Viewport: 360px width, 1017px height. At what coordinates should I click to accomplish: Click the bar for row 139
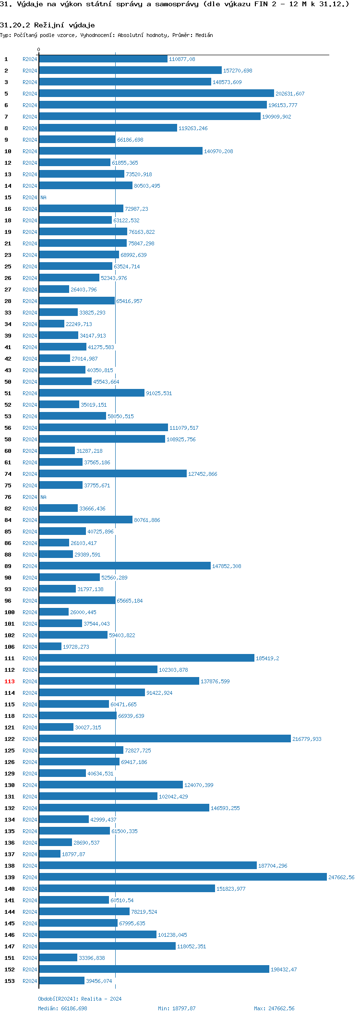point(182,877)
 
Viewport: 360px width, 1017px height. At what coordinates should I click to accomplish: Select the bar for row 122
point(165,739)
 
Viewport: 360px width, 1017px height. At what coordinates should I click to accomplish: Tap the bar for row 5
point(156,94)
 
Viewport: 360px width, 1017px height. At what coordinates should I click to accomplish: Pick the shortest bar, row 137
point(50,854)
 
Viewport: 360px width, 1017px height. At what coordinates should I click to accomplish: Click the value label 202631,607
point(290,94)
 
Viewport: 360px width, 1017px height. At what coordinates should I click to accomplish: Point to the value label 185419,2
point(267,659)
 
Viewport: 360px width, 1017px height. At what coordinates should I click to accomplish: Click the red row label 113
point(10,682)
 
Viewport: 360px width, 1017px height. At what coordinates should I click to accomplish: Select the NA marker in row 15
point(43,198)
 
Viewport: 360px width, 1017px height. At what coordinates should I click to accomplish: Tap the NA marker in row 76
point(43,497)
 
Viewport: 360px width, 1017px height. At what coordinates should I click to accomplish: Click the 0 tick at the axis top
point(39,50)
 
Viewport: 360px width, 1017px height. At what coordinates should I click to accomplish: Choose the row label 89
point(8,567)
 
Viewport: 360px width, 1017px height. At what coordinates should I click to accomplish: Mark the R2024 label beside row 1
point(30,60)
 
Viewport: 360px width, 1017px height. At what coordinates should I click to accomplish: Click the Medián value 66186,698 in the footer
point(74,1008)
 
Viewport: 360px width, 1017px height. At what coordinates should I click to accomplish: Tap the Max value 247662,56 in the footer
point(281,1008)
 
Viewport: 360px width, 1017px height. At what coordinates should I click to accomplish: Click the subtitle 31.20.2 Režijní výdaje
point(48,25)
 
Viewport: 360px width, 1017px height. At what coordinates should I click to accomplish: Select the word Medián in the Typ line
point(204,36)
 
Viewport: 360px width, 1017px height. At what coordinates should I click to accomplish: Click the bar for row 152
point(154,969)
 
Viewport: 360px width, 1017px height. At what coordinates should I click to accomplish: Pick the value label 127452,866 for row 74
point(203,474)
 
